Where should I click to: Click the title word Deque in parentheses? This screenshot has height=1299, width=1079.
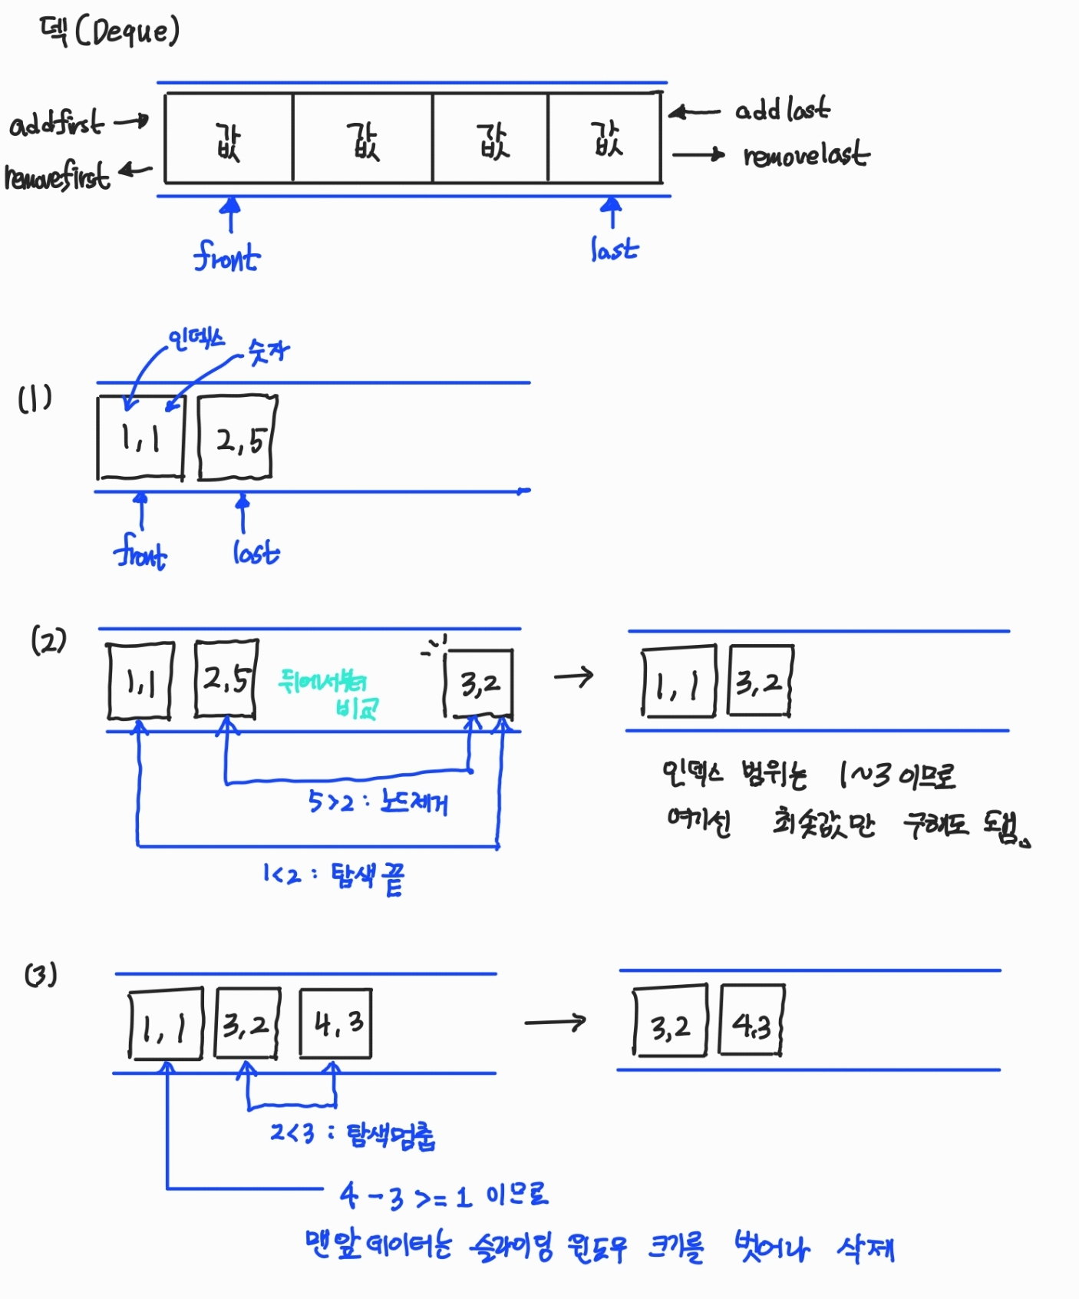point(127,31)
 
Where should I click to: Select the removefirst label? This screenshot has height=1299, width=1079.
point(58,176)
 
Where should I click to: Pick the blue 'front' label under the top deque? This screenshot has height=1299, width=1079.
point(226,256)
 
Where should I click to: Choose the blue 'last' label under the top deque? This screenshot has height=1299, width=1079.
point(614,249)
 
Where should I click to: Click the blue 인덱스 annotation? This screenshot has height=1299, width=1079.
point(196,339)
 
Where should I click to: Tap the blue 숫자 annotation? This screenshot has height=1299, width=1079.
point(269,352)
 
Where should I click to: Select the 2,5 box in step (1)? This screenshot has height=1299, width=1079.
point(237,438)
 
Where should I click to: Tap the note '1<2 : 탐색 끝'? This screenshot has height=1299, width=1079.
point(333,877)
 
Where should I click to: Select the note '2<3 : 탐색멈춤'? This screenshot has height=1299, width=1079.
point(352,1134)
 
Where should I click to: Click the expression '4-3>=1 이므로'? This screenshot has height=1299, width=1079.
point(444,1195)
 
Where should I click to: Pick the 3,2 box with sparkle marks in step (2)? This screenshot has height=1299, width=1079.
point(479,683)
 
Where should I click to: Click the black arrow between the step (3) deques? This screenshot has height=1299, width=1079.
point(555,1022)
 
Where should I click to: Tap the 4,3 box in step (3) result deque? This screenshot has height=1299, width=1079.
point(751,1023)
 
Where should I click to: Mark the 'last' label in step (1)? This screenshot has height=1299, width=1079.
point(256,552)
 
